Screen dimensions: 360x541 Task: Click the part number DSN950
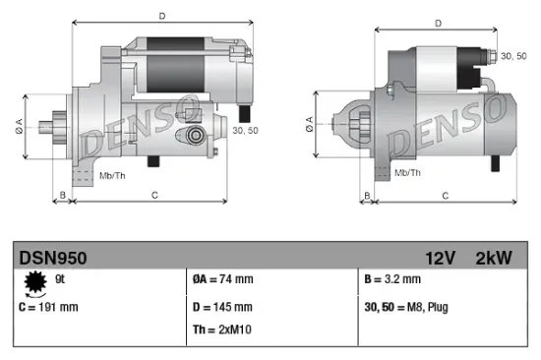pos(53,258)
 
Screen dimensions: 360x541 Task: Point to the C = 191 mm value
pos(48,307)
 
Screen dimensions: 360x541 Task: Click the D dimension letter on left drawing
pos(162,15)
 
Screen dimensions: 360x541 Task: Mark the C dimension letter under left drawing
pos(155,196)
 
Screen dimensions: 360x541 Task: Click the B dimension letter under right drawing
pos(368,196)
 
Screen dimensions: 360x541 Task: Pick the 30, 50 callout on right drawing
pos(513,57)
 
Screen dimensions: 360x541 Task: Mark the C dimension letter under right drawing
pos(446,196)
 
